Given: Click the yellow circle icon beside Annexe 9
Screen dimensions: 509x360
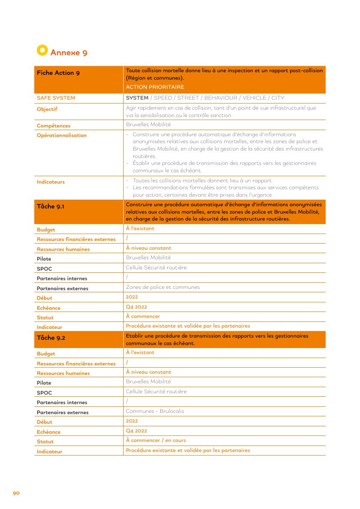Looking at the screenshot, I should (42, 50).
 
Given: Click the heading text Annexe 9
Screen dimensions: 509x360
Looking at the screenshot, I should (69, 53).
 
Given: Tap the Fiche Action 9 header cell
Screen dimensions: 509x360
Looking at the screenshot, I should (58, 73).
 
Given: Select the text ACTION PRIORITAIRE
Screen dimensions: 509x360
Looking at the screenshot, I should (155, 87).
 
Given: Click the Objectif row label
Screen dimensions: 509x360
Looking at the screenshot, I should (47, 109).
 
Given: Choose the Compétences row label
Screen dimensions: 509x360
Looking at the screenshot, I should (54, 126).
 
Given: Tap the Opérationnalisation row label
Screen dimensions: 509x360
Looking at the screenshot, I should (61, 135).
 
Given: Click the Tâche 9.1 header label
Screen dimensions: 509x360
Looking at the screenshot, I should (50, 207).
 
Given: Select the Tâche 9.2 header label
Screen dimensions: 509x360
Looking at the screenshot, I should (51, 338).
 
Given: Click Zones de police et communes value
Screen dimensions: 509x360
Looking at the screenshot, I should (163, 287).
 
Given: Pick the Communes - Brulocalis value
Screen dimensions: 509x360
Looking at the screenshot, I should (155, 411).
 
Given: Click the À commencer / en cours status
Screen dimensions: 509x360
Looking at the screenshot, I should (156, 440).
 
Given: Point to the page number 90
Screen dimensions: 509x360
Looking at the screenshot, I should (16, 493).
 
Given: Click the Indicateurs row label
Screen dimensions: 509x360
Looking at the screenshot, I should (50, 182).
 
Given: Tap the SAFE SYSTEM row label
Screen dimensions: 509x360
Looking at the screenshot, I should (56, 98).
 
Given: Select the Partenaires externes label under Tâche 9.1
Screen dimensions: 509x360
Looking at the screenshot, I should (62, 288).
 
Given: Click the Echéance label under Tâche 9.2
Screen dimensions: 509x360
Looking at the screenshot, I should (48, 432).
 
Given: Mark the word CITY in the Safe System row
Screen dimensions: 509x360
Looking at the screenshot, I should (278, 98).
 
